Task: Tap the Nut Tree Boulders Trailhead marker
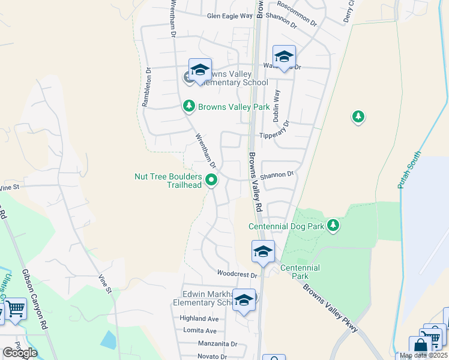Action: [211, 179]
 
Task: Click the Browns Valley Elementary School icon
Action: [200, 71]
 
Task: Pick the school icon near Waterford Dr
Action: [284, 57]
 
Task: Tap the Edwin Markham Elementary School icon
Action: [244, 301]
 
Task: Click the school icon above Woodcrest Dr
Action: [263, 252]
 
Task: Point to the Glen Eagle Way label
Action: [230, 17]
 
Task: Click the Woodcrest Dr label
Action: [237, 275]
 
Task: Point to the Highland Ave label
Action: [199, 319]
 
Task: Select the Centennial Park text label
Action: [300, 272]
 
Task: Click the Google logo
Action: [20, 353]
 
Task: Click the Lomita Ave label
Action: [202, 331]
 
